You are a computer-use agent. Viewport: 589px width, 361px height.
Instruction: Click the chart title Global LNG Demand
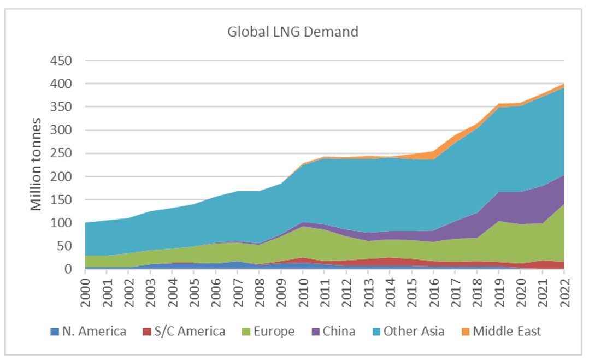coord(293,32)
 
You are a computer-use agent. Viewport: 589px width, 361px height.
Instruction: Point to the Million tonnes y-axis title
coord(36,164)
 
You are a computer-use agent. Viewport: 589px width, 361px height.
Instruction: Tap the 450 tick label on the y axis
coord(61,61)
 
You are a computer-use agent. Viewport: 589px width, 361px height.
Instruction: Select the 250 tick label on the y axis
coord(61,153)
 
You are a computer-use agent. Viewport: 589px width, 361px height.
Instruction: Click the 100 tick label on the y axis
coord(61,223)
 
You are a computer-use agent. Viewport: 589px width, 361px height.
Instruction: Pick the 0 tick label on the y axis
coord(68,269)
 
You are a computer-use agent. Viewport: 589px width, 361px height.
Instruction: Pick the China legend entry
coord(333,331)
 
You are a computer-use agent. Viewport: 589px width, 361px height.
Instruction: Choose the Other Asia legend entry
coord(407,331)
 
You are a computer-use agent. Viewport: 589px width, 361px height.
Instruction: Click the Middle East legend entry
coord(500,331)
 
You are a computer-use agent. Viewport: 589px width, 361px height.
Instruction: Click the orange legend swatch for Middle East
coord(465,331)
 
